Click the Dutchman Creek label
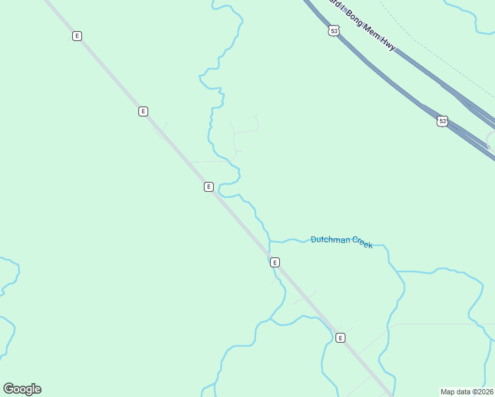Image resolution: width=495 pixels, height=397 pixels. click(341, 242)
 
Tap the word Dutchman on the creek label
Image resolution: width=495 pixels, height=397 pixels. click(330, 240)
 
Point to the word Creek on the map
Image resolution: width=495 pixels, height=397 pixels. click(362, 243)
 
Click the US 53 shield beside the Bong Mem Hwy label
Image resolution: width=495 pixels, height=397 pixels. click(334, 30)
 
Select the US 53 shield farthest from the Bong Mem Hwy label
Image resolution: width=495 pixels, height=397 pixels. click(442, 121)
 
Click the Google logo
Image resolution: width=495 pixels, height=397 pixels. click(22, 389)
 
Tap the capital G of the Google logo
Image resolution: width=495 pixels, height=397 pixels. click(9, 388)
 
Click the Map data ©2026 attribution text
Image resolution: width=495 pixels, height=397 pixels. click(466, 392)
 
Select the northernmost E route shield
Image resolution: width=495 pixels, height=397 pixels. click(77, 36)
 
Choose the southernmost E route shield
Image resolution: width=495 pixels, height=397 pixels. click(340, 337)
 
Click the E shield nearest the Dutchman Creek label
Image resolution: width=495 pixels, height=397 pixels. click(275, 262)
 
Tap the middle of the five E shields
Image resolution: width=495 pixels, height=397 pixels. click(208, 187)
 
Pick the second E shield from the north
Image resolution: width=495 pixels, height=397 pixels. click(143, 111)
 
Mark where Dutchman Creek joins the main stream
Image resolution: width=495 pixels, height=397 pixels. click(270, 241)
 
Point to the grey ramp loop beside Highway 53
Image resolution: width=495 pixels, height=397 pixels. click(488, 139)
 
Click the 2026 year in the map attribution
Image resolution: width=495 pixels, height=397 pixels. click(482, 392)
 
